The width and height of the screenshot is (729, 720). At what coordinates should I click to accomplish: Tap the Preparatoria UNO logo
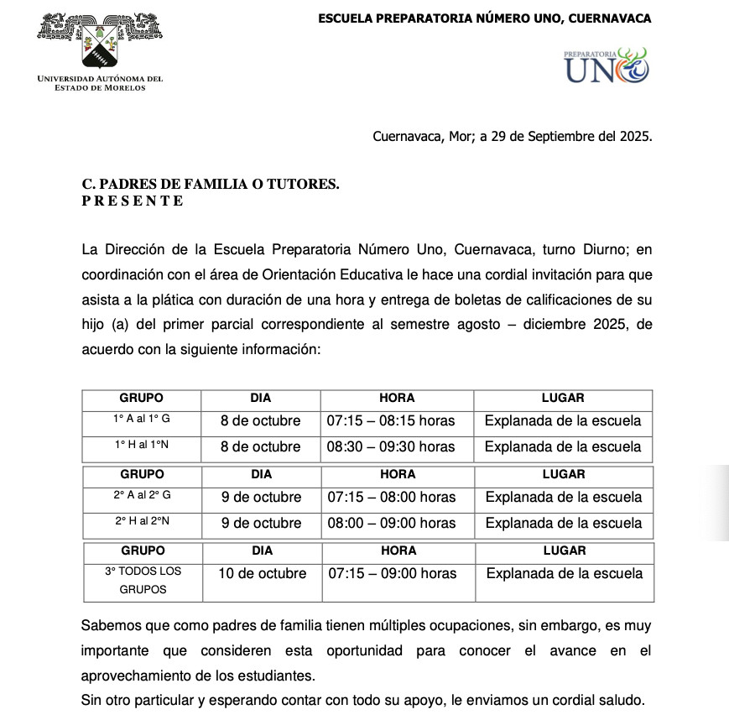606,65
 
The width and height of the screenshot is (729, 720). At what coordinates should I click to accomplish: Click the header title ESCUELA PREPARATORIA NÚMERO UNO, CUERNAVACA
485,18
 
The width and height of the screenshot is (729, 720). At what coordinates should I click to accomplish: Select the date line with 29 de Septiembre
512,137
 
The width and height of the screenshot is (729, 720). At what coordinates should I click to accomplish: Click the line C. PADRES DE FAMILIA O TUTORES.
211,185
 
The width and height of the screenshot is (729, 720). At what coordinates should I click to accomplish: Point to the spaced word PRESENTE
133,201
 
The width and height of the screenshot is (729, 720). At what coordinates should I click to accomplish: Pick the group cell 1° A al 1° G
142,420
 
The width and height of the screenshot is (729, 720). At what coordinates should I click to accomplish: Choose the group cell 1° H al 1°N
142,446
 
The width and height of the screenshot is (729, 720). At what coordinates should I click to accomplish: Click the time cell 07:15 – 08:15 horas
391,420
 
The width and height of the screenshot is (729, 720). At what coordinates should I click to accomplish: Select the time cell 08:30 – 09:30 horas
391,446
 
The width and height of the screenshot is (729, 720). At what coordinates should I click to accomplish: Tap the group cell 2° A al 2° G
143,497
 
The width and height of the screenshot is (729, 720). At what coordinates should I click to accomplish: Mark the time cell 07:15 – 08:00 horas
392,497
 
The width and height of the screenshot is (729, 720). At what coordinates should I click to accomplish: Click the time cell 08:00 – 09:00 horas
392,523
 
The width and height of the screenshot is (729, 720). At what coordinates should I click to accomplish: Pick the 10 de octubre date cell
263,573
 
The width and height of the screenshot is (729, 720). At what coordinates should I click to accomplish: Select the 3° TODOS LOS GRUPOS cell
143,580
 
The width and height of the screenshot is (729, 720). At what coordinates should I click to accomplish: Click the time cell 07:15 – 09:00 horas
393,573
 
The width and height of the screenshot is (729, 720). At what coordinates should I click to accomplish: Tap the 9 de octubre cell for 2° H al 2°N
261,523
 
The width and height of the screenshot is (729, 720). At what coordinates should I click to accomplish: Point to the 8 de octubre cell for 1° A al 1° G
260,420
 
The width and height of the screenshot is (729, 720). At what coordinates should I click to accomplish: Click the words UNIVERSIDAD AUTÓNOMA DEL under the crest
101,79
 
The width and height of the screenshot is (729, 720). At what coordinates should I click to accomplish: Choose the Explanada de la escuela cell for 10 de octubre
565,573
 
